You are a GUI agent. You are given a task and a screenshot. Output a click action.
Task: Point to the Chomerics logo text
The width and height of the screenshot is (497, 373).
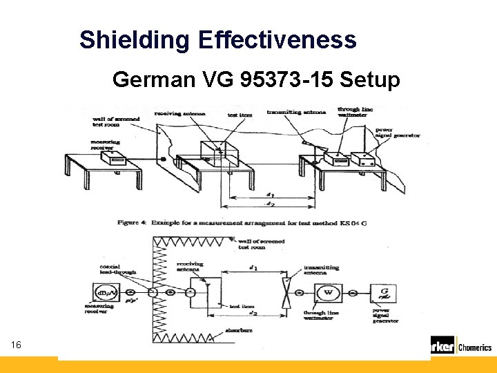475,347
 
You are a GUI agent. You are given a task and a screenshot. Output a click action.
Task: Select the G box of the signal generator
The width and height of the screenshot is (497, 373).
383,292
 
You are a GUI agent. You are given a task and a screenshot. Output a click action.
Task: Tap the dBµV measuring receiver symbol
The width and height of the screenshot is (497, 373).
107,294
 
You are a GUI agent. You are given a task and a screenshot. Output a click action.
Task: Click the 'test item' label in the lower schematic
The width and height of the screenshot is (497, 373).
240,305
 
